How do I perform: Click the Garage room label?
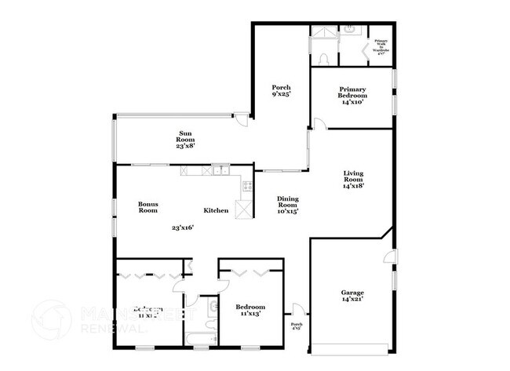pyautogui.click(x=352, y=296)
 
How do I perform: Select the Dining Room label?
pyautogui.click(x=288, y=205)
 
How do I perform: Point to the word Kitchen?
pyautogui.click(x=216, y=210)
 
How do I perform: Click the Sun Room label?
pyautogui.click(x=185, y=140)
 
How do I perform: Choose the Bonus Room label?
pyautogui.click(x=148, y=207)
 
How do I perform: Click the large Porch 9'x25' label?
pyautogui.click(x=281, y=90)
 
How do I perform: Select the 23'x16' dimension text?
pyautogui.click(x=182, y=227)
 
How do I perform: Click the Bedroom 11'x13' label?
pyautogui.click(x=250, y=310)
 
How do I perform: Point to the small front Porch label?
pyautogui.click(x=297, y=326)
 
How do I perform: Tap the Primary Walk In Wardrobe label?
pyautogui.click(x=381, y=46)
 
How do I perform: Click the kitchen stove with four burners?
pyautogui.click(x=247, y=187)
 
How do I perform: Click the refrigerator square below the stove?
pyautogui.click(x=245, y=209)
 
